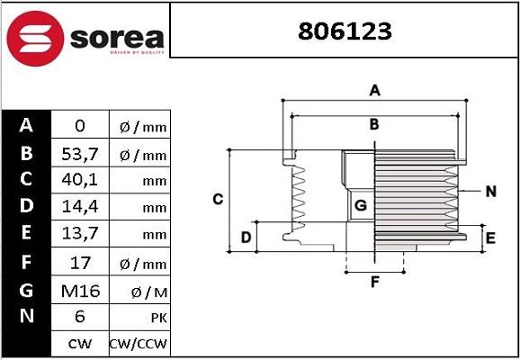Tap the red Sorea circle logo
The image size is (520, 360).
[33, 38]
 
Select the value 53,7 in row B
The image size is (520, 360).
[78, 154]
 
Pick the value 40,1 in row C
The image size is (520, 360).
[78, 181]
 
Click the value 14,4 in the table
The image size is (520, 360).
[78, 208]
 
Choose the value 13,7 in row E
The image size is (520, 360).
[78, 235]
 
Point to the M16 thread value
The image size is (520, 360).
[78, 290]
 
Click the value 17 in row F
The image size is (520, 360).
[78, 263]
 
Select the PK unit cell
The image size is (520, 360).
[139, 318]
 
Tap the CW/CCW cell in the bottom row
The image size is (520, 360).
[139, 344]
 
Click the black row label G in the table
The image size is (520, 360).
[26, 290]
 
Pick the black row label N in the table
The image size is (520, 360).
[26, 317]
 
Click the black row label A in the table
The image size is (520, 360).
[26, 126]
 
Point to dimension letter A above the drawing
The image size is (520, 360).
[375, 89]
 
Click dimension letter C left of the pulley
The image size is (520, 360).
[218, 199]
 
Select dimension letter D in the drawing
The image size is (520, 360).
[246, 238]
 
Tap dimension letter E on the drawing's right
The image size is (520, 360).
[490, 238]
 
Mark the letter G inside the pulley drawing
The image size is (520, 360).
[360, 205]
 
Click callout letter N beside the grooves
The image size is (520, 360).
[490, 191]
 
